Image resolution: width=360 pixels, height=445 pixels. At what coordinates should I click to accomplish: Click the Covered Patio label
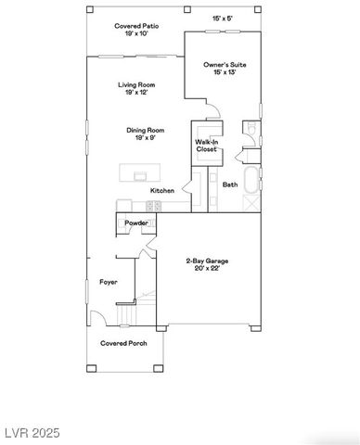[135, 26]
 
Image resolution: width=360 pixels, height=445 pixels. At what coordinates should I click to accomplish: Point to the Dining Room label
[146, 130]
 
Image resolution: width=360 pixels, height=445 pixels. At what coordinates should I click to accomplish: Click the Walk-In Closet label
[206, 145]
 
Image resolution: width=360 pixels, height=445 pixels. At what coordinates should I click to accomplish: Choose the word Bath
[230, 184]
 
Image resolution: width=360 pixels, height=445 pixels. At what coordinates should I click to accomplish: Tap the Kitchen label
[162, 191]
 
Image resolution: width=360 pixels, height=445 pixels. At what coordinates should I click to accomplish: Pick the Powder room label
[136, 222]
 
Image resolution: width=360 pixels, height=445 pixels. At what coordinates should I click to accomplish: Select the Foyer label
[109, 281]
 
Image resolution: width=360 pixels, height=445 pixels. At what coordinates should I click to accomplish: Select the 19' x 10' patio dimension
[135, 34]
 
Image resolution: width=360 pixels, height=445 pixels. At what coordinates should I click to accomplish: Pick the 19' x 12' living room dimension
[135, 93]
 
